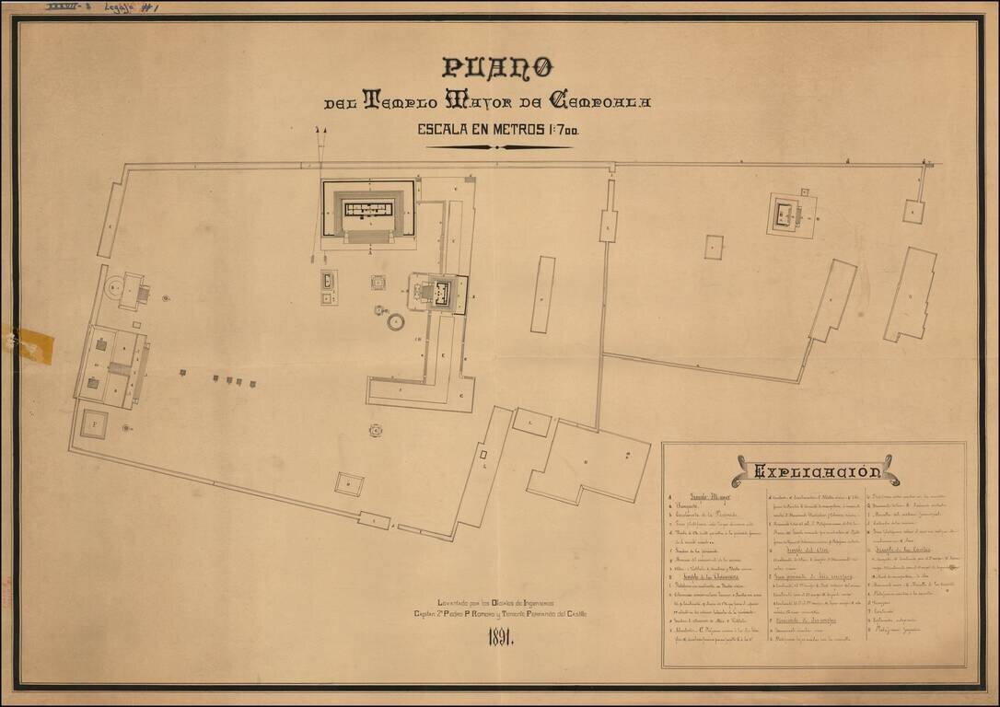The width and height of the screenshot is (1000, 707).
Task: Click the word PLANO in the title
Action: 497,67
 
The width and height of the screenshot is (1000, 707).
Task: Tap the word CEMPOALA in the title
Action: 599,100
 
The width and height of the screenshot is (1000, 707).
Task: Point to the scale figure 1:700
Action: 555,130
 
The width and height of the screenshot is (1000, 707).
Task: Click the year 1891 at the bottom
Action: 500,638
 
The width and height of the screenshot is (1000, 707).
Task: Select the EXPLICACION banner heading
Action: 816,472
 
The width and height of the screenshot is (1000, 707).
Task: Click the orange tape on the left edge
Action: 33,346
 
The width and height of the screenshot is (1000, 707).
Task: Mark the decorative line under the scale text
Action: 498,147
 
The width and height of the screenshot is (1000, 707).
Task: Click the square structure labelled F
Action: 94,424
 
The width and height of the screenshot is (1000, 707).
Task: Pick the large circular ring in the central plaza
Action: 396,322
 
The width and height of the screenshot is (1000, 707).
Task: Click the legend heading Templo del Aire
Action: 809,550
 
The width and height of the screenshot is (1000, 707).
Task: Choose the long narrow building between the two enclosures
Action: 542,295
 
